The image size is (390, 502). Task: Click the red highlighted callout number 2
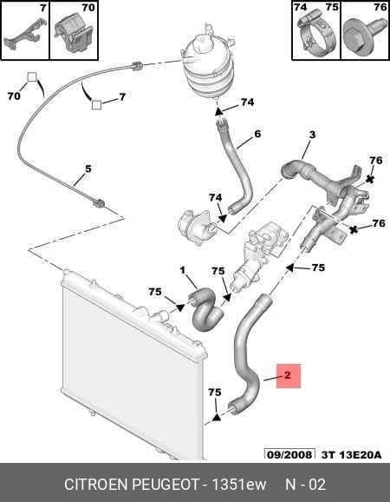(x=288, y=375)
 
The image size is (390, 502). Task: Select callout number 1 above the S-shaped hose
(x=182, y=270)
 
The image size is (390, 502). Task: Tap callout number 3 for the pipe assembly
(x=312, y=135)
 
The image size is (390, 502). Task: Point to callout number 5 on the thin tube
(x=88, y=168)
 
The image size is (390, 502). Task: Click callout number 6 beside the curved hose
(x=257, y=134)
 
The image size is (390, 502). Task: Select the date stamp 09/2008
(x=289, y=454)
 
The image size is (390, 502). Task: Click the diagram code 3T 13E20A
(x=351, y=454)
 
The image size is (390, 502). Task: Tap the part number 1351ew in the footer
(x=239, y=484)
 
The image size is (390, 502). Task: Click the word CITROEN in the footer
(x=96, y=484)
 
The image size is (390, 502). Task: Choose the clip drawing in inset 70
(x=75, y=35)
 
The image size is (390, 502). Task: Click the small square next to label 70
(x=31, y=77)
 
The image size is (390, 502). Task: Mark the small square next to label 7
(x=96, y=105)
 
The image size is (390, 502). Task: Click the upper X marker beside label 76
(x=370, y=179)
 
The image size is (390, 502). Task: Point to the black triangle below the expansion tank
(x=218, y=112)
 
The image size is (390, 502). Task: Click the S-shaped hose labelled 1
(x=206, y=309)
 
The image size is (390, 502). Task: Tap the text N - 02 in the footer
(x=305, y=484)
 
